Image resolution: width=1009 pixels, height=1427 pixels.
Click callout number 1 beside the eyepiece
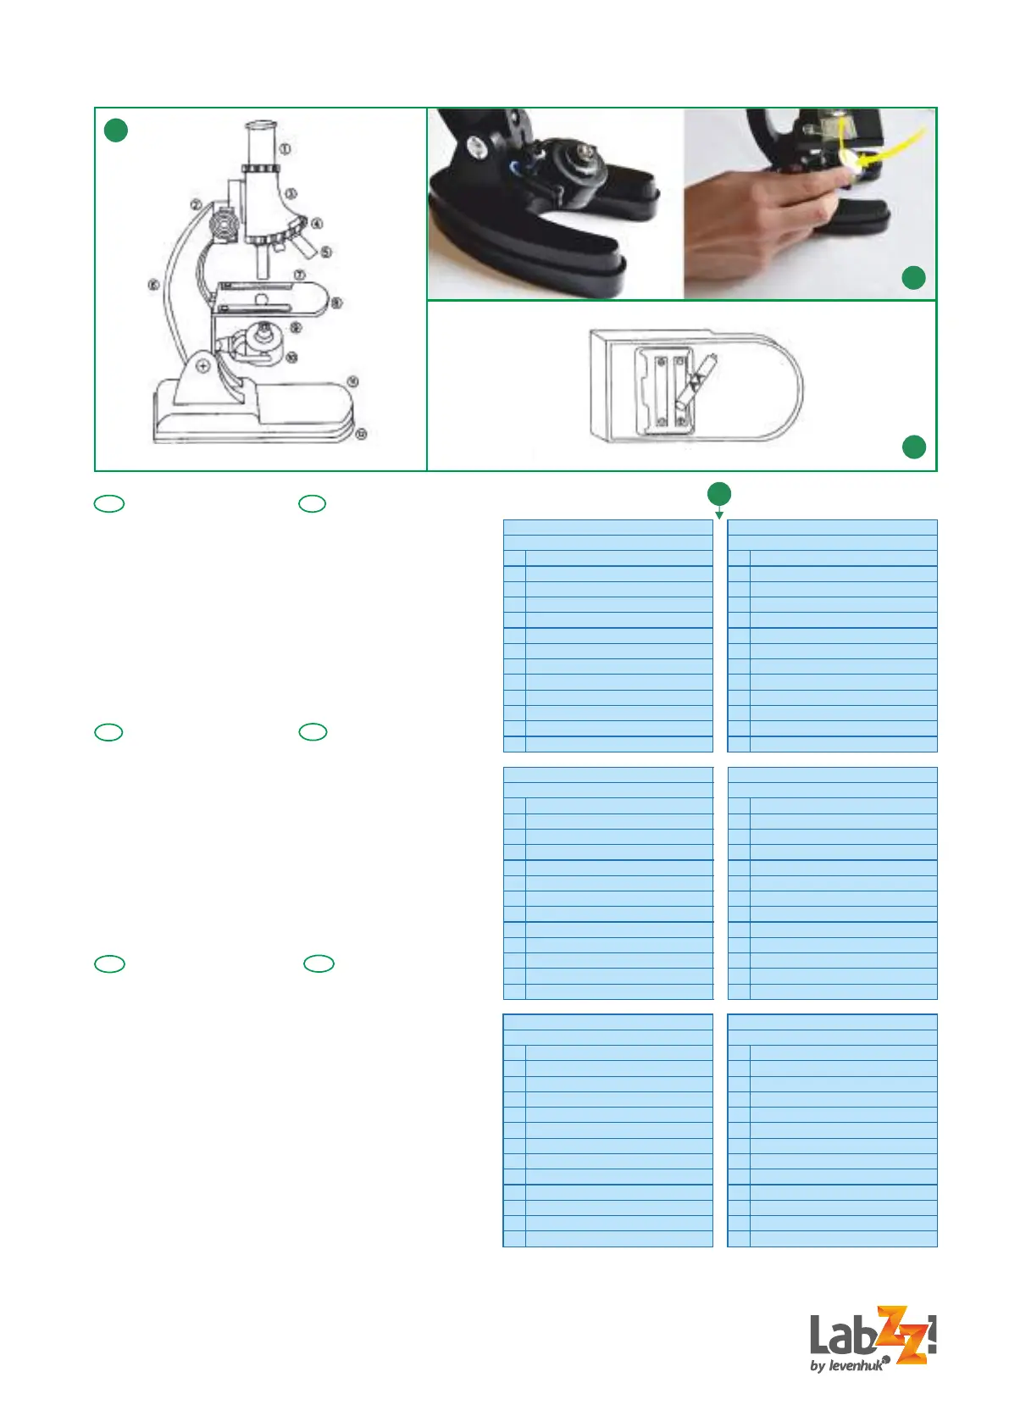click(286, 149)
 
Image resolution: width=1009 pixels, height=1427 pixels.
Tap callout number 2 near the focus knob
click(196, 205)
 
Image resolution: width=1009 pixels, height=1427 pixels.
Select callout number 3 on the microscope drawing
click(291, 194)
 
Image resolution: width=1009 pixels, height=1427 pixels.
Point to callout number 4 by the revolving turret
click(317, 224)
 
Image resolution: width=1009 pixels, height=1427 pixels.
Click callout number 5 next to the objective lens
click(326, 252)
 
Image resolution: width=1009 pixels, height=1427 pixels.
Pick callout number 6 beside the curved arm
click(153, 286)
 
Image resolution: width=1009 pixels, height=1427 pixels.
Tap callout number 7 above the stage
click(299, 275)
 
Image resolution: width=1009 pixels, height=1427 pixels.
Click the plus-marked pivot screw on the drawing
click(203, 366)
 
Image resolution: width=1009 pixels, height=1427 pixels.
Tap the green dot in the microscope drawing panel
click(116, 130)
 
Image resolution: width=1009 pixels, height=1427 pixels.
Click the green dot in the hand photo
click(913, 278)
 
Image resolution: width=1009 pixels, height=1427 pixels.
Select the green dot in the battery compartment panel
click(913, 447)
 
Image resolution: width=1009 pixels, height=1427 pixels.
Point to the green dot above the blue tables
click(719, 493)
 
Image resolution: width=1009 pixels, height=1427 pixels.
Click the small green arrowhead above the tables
click(719, 514)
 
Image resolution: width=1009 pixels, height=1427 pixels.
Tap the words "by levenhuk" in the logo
click(846, 1365)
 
